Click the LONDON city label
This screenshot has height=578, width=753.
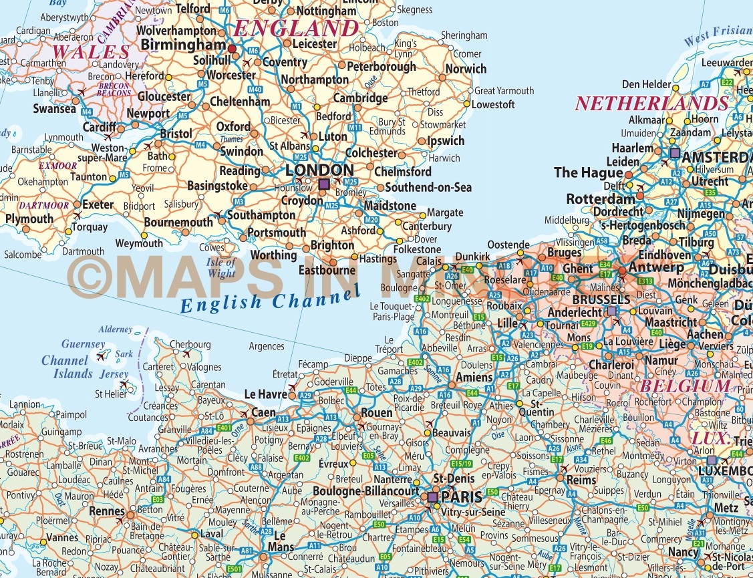(319, 170)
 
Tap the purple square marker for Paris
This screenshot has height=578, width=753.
(432, 497)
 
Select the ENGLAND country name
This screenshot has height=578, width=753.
(297, 28)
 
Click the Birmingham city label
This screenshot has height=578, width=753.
(183, 45)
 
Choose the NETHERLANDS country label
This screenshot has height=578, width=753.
(651, 104)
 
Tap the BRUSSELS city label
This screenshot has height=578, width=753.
(601, 299)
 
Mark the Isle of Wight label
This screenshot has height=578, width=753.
(222, 267)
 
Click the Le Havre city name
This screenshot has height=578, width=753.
(266, 394)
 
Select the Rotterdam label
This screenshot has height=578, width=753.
(601, 199)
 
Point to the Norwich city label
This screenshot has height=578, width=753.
(466, 69)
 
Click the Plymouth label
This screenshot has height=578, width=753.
(29, 219)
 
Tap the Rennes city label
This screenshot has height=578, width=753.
(107, 512)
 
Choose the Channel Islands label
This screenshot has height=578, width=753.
(67, 367)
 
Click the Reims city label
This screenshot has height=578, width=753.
(581, 480)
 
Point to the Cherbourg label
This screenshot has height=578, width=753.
(190, 345)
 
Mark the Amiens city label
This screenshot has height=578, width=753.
(474, 378)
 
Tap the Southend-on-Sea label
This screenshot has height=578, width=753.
(428, 188)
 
